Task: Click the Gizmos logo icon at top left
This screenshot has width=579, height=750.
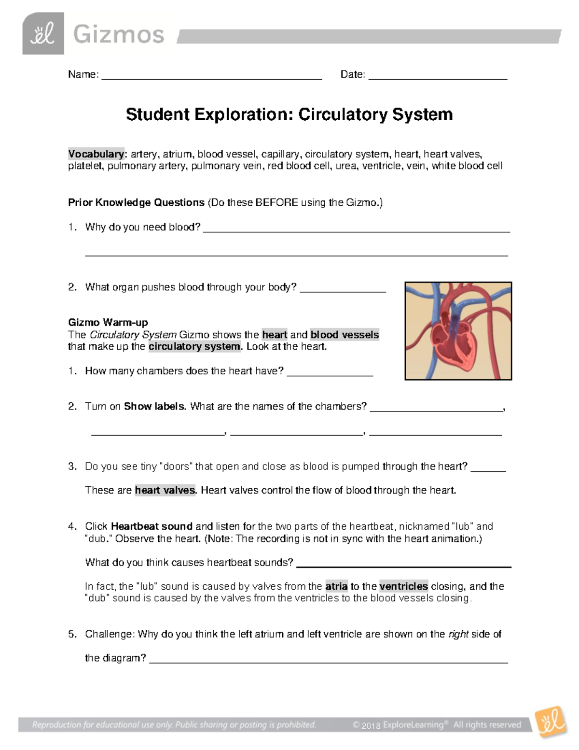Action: point(43,34)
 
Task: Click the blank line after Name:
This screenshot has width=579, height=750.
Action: point(212,75)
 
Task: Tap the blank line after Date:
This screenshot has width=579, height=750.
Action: point(438,75)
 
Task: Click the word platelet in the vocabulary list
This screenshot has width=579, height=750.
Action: point(85,166)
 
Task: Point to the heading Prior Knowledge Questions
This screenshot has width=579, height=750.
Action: point(136,202)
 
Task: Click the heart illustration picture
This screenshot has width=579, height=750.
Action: point(458,331)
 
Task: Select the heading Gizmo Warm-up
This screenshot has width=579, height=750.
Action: point(108,322)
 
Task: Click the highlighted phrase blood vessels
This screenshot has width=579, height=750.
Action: point(345,335)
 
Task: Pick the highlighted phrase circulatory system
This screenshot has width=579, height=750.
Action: point(194,346)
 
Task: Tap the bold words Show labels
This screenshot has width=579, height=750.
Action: point(154,406)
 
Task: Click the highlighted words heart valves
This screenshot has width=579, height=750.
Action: point(165,490)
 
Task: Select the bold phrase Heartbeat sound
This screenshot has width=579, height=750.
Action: point(152,526)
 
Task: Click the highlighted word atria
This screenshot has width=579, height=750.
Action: point(336,586)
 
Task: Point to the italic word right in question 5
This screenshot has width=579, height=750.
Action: point(458,634)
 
